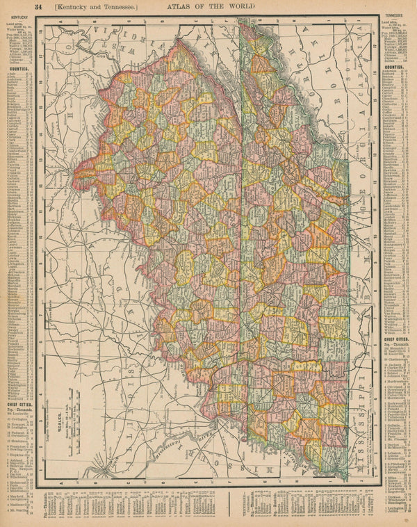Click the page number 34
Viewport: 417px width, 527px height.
coord(39,7)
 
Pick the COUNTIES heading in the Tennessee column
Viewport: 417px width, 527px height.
coord(394,67)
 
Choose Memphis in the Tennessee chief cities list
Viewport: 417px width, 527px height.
coord(392,355)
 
